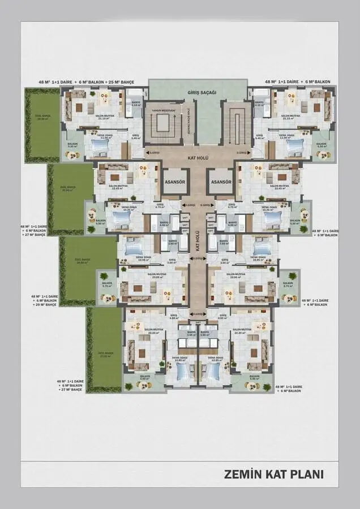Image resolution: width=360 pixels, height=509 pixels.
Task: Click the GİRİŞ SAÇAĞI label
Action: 198,92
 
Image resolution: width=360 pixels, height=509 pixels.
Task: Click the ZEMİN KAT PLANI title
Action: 274,473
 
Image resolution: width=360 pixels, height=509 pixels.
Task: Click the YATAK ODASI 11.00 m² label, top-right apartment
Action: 286,136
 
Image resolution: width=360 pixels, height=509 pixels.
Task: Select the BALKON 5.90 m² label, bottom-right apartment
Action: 255,377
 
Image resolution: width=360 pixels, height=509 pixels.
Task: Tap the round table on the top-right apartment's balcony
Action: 322,155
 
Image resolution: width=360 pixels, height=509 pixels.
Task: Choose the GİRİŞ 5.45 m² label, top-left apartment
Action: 135,136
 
